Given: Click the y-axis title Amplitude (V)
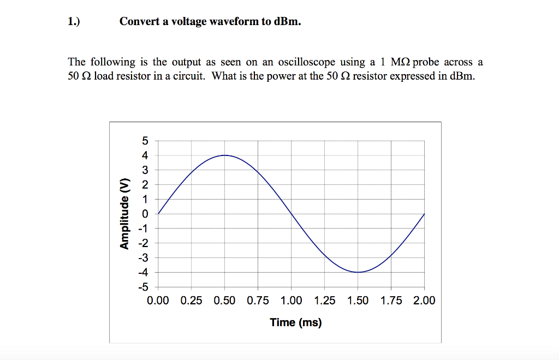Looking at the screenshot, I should tap(126, 213).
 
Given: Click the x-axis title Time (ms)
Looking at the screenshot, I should tap(295, 322).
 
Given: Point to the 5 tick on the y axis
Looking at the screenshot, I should tap(145, 141).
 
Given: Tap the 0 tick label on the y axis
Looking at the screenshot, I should tap(145, 214).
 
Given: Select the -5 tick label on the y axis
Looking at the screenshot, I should tap(142, 286).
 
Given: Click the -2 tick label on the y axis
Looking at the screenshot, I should tap(142, 243).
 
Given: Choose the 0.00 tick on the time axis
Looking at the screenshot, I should tap(158, 301).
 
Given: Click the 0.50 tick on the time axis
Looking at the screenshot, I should tap(224, 301).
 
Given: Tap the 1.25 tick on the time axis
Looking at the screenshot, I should tap(324, 301).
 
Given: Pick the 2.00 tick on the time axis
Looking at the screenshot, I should tap(424, 301).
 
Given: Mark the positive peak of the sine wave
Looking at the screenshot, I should tap(224, 155).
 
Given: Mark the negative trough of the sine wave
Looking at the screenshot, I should tap(358, 272).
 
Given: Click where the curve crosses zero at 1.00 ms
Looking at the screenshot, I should tap(291, 214).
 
